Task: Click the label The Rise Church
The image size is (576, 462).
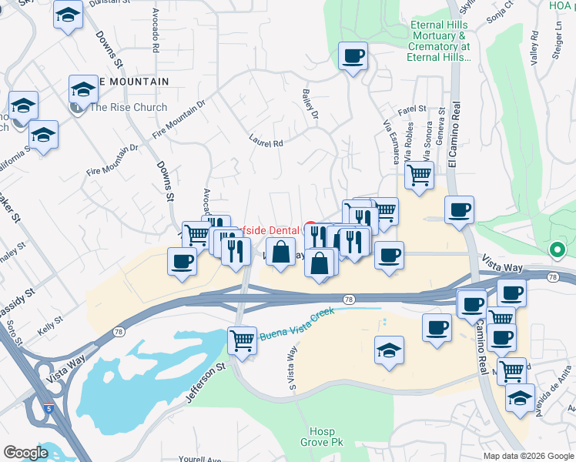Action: point(129,107)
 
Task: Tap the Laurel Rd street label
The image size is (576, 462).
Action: point(266,142)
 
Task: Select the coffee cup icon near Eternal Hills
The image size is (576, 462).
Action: point(353,56)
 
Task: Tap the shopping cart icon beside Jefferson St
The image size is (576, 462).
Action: point(243,339)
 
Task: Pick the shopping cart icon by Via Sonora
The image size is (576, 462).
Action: point(419,175)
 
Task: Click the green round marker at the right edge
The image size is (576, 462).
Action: point(558,250)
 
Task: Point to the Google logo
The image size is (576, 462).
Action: point(25,453)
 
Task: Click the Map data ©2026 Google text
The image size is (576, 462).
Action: point(528,456)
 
